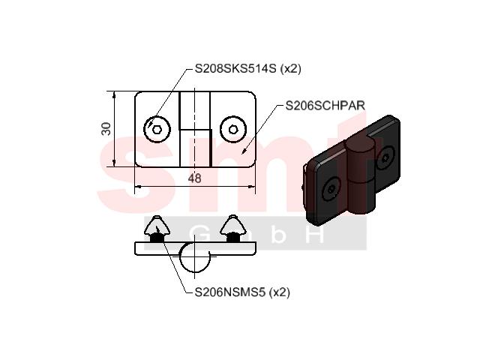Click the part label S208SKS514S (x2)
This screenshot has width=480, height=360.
248,68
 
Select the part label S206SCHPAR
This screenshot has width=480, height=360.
325,106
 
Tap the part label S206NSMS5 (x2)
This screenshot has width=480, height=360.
242,292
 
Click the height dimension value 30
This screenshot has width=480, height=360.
106,128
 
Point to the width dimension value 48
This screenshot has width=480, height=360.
195,178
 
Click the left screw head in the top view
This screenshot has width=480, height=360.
157,130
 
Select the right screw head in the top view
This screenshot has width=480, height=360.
233,130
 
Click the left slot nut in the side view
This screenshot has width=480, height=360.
157,229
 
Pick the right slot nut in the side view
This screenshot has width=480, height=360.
233,229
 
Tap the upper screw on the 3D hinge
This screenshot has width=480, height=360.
385,157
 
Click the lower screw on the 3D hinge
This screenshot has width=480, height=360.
331,189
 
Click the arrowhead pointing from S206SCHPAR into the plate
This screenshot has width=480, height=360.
244,151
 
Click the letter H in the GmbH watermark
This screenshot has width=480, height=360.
315,234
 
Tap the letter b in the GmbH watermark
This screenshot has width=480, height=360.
278,234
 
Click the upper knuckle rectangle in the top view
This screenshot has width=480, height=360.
195,110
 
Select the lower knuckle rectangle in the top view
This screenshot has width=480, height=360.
196,148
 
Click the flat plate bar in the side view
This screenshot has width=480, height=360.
195,248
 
